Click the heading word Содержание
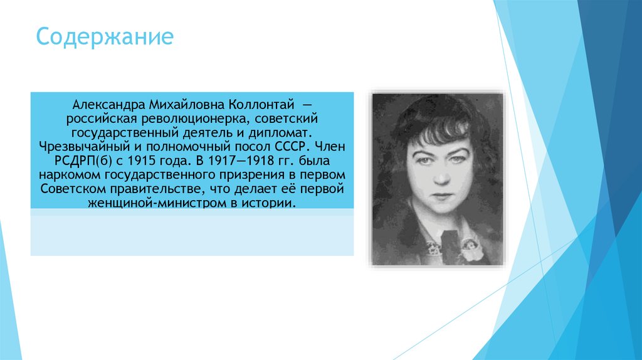104,37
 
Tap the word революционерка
189,119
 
